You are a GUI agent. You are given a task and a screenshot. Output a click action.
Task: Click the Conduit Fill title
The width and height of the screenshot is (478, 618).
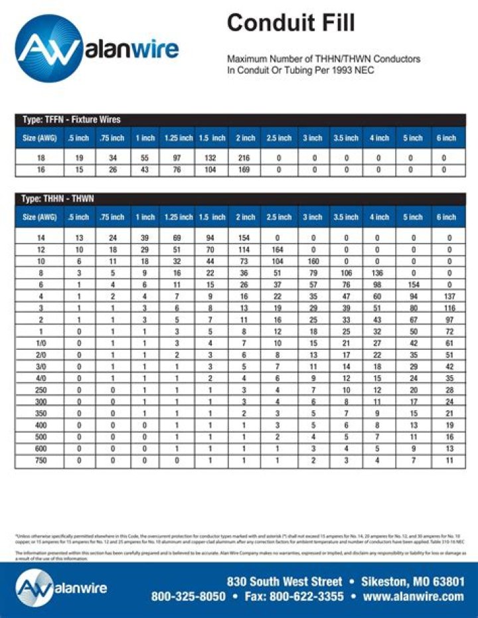291,23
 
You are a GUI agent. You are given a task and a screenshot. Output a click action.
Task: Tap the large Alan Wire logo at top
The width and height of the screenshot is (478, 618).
97,48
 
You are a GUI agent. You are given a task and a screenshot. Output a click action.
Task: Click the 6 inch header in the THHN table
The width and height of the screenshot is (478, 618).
446,217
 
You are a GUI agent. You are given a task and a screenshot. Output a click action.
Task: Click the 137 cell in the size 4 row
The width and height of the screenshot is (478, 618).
449,296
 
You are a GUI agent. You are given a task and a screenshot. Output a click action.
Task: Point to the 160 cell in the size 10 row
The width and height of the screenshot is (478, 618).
313,261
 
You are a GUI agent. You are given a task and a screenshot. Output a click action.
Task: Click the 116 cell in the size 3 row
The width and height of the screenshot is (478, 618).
449,308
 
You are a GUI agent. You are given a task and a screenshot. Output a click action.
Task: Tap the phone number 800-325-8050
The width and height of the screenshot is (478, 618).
189,596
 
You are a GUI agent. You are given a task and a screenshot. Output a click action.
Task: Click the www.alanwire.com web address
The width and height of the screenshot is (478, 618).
414,596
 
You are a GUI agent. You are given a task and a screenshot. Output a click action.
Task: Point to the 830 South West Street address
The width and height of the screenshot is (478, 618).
285,581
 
